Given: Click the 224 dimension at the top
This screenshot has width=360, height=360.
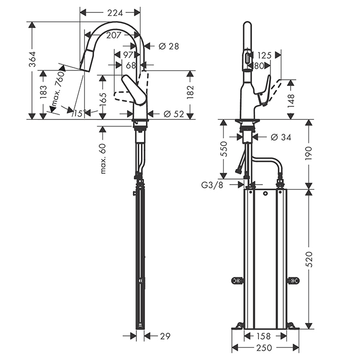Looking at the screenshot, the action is [x=115, y=13].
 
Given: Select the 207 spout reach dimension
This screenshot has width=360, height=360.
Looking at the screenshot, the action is [x=114, y=35].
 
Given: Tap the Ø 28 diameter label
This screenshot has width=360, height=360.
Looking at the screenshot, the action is [x=169, y=46].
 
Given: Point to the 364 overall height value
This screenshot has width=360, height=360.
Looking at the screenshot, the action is [x=32, y=59].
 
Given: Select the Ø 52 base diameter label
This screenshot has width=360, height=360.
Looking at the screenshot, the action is [x=174, y=114].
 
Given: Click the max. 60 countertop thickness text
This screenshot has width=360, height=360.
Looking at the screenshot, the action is [x=103, y=158].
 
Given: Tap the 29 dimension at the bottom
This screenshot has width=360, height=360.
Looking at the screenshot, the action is [x=165, y=336].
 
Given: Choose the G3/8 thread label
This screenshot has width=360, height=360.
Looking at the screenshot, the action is [x=212, y=185].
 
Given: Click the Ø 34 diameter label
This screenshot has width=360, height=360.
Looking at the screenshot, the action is [x=281, y=137].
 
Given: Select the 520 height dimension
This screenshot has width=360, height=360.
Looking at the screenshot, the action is [x=310, y=259].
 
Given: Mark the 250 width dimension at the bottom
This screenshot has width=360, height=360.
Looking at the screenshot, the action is [x=264, y=348].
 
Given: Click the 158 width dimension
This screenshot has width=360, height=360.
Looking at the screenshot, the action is [x=263, y=336].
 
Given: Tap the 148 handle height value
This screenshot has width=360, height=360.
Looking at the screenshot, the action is [x=291, y=101].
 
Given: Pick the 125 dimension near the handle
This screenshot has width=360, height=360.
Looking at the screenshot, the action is [x=264, y=56].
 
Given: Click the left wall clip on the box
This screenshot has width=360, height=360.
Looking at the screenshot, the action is [x=238, y=280].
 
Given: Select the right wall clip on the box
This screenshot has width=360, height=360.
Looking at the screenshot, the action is [x=294, y=280].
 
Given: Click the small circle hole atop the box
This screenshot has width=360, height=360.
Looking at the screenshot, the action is [x=265, y=193].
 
